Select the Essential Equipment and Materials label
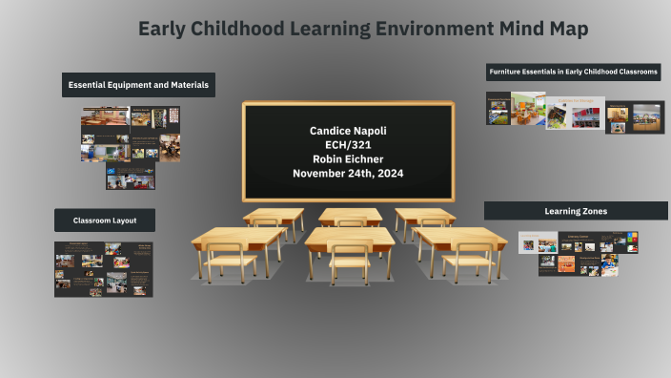(139, 85)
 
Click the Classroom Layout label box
(105, 220)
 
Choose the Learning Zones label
(575, 211)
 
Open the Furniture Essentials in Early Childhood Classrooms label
(572, 73)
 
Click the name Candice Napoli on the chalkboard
(349, 130)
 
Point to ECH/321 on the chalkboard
(349, 144)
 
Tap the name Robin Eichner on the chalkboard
(349, 158)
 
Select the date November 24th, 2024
(349, 173)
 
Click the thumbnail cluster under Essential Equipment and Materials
(131, 146)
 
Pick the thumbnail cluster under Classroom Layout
(104, 268)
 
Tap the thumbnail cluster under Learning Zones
(578, 253)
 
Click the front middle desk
(349, 238)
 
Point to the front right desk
(462, 238)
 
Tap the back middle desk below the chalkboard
(350, 215)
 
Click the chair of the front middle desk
(350, 262)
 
